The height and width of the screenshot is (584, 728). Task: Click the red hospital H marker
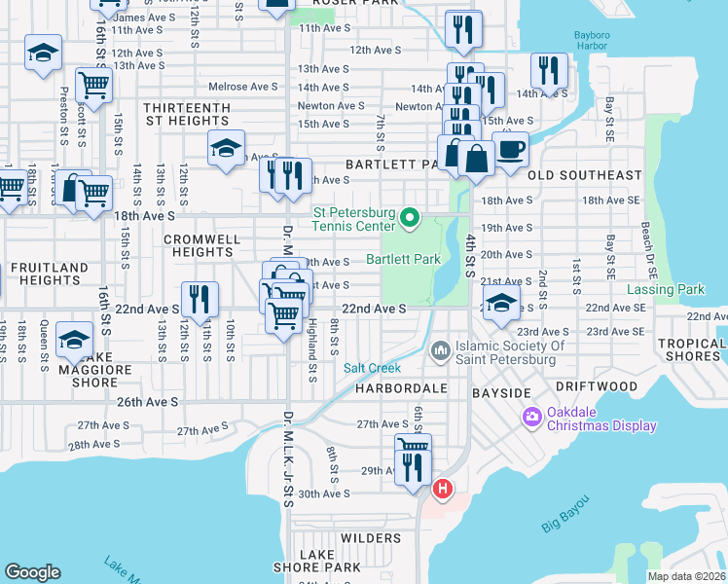pyautogui.click(x=443, y=488)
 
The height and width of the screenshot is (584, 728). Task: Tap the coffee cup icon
pyautogui.click(x=511, y=150)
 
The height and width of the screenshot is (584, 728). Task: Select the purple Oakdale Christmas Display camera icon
pyautogui.click(x=532, y=418)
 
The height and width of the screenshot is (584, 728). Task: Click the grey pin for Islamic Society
pyautogui.click(x=440, y=347)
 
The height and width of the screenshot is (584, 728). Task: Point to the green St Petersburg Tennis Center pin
pyautogui.click(x=410, y=216)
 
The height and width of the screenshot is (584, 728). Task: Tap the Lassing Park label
pyautogui.click(x=679, y=290)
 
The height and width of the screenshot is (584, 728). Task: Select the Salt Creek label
pyautogui.click(x=372, y=368)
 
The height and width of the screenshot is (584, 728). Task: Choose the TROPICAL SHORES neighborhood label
pyautogui.click(x=691, y=350)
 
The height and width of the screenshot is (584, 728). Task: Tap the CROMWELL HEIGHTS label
pyautogui.click(x=199, y=245)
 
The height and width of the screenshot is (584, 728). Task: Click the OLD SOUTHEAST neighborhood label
pyautogui.click(x=584, y=176)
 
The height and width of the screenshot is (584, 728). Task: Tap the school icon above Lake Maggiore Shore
pyautogui.click(x=74, y=340)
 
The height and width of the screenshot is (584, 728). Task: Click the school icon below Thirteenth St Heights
pyautogui.click(x=226, y=149)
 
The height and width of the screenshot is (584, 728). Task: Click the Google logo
pyautogui.click(x=32, y=572)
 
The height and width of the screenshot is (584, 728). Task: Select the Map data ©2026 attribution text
pyautogui.click(x=686, y=576)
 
